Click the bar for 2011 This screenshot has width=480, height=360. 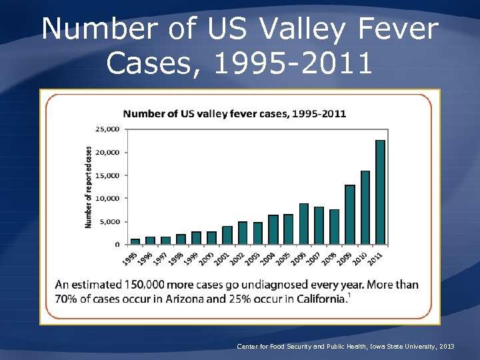[x=380, y=192]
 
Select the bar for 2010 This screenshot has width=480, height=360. [x=365, y=207]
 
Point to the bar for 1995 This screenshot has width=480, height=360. [x=135, y=241]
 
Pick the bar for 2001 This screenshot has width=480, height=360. [x=227, y=235]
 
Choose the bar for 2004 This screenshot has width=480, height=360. [x=273, y=229]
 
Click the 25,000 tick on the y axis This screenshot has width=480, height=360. [x=108, y=129]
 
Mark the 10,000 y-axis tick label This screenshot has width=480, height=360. [x=108, y=198]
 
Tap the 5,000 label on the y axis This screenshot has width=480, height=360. [x=110, y=221]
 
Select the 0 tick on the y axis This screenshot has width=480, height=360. [x=118, y=245]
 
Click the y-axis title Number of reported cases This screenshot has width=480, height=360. [x=89, y=187]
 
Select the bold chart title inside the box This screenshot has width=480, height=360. [x=234, y=113]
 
